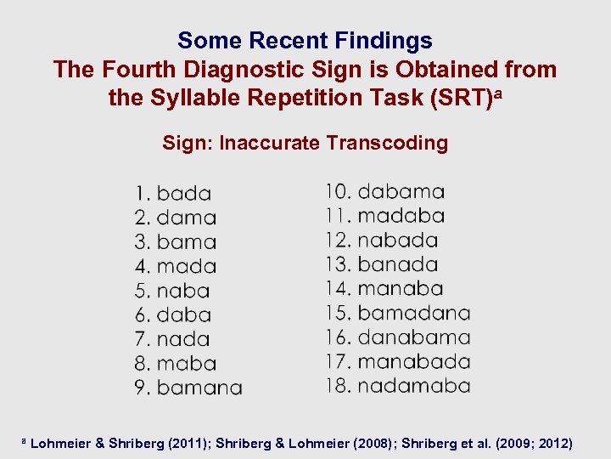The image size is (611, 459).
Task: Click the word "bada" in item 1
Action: pos(184,194)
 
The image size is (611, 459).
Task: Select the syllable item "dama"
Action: pos(187,218)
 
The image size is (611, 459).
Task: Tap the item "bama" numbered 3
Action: pos(187,242)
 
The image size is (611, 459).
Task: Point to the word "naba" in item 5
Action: pos(183,291)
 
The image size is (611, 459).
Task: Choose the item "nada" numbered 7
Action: pos(183,339)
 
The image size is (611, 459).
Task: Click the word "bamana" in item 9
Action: pos(199,388)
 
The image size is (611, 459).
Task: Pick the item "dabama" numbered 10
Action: pos(401,192)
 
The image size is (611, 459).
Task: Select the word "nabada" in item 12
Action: pos(398,241)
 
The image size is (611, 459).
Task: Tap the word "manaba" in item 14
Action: pos(401,289)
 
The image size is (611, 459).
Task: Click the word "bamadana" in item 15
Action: pos(414,313)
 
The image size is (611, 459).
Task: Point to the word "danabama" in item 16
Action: pos(414,337)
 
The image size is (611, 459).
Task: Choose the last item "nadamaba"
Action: pos(414,386)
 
